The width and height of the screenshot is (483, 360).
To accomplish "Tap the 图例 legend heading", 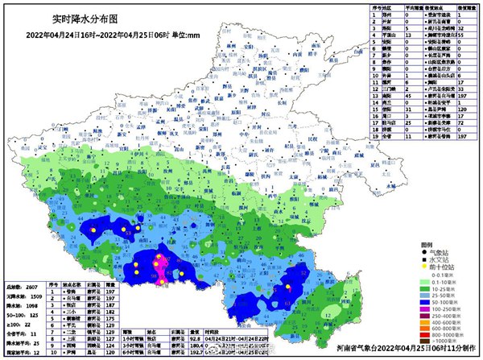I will click(427, 244).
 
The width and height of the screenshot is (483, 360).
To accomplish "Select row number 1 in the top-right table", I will click(375, 14).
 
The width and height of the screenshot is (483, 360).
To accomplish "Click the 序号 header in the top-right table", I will click(375, 6).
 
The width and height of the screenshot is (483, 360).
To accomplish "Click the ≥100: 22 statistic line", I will click(21, 324).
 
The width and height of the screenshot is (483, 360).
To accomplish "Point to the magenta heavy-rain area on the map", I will click(161, 267).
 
